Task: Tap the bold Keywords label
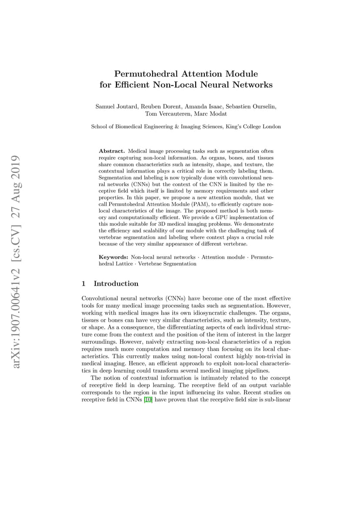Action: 114,257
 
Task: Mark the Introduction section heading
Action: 116,284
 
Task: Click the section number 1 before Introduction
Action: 83,284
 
